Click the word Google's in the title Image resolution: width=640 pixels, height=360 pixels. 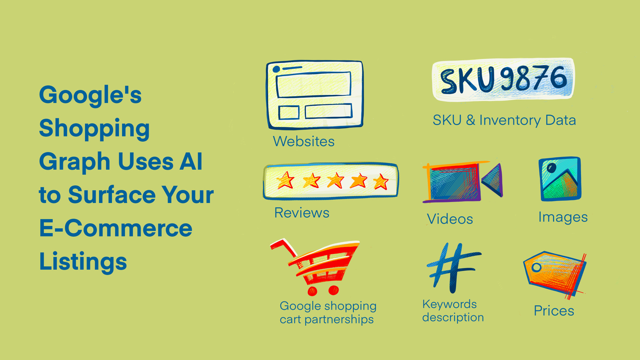[90, 96]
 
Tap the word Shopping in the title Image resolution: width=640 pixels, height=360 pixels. [94, 129]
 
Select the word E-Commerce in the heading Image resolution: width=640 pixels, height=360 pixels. [116, 228]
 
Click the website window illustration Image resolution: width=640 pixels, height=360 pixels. [314, 94]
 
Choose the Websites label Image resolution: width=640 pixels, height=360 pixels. [303, 141]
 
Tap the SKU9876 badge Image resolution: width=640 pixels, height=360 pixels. [503, 80]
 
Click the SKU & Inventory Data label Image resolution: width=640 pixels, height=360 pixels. [504, 120]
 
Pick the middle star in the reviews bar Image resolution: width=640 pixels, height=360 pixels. [335, 181]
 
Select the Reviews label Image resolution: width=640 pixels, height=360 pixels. [302, 212]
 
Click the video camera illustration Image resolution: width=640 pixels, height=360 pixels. [461, 182]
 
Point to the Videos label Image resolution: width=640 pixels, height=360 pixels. [450, 219]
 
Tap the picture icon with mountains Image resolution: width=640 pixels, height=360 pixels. [560, 179]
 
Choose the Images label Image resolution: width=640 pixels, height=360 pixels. [563, 217]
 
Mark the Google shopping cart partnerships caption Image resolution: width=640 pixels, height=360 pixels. [328, 313]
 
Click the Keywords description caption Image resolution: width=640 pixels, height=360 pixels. [453, 311]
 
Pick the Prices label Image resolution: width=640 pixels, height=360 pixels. [554, 311]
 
